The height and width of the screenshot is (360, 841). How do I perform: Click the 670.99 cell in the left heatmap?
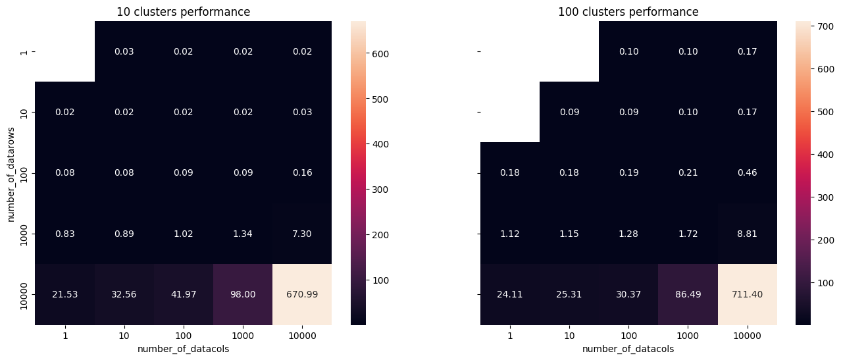pos(302,294)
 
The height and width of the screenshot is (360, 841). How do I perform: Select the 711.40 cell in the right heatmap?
pos(747,294)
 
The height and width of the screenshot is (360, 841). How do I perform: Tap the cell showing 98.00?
pos(243,294)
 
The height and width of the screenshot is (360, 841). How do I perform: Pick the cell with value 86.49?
pos(688,294)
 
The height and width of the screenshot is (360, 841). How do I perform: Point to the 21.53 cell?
pos(64,294)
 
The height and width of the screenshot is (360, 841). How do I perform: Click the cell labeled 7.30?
pos(302,234)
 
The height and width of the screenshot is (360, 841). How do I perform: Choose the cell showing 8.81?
pos(747,234)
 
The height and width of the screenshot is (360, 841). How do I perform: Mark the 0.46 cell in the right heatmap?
pos(747,173)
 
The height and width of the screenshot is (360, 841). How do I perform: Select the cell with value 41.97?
pos(184,294)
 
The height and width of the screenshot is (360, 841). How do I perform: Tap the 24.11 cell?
pos(510,294)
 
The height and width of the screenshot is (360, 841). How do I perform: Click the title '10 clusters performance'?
pos(183,12)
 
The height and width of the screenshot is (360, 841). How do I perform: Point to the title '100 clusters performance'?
pos(628,12)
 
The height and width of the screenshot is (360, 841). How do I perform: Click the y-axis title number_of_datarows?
pos(12,173)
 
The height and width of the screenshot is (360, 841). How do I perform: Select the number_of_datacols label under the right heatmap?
pos(628,349)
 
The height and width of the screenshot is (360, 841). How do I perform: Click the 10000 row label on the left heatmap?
pos(25,294)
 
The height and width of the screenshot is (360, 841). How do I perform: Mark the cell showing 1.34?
pos(243,234)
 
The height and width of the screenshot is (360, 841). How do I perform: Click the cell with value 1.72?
pos(688,234)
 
